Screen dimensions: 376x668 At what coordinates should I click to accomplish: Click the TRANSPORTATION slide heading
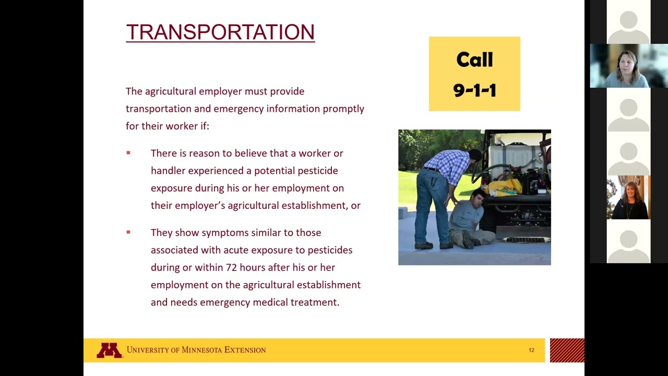click(x=220, y=32)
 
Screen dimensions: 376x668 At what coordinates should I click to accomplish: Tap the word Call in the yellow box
click(x=474, y=60)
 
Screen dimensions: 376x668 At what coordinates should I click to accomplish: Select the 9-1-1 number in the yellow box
click(x=474, y=90)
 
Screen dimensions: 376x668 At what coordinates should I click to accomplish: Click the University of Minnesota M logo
click(x=109, y=350)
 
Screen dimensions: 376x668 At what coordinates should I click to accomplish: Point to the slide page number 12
click(x=531, y=350)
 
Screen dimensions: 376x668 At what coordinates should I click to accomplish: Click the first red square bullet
click(x=128, y=153)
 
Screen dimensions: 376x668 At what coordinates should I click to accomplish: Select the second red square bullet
click(x=128, y=232)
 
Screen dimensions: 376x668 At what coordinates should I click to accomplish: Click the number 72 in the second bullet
click(x=231, y=267)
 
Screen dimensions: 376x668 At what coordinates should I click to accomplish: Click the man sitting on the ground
click(x=470, y=219)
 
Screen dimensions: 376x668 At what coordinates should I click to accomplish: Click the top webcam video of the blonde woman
click(x=628, y=66)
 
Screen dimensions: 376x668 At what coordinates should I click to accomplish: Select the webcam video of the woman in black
click(x=628, y=197)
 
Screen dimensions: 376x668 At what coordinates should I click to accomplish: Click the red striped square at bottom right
click(x=567, y=350)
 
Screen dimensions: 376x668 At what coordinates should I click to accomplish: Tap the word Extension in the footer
click(x=245, y=350)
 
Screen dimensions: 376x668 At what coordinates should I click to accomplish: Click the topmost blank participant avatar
click(x=628, y=22)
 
